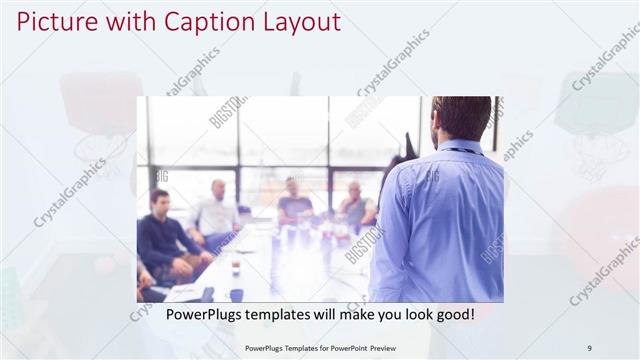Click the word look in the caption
406,315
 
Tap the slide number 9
589,347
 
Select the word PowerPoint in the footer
344,347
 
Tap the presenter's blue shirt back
440,220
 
